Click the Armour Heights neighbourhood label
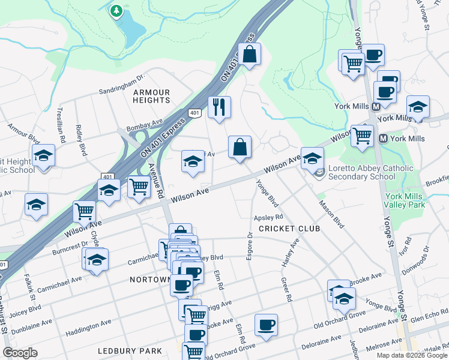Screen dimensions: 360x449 152,96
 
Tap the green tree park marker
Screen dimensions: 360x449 116,11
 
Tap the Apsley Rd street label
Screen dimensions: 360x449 268,217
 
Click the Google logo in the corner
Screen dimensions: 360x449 20,352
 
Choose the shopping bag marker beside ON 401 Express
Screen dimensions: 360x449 249,55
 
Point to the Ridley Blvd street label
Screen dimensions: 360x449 80,140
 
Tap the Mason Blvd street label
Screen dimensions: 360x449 331,215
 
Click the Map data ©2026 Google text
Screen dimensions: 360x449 412,355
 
